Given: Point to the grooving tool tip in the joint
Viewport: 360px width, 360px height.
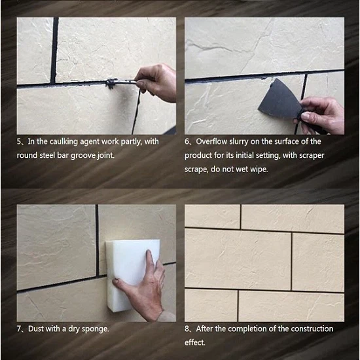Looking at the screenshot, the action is [111, 84].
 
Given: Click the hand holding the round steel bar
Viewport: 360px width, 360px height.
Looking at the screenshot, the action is [156, 82].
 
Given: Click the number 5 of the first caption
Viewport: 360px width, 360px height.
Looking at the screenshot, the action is [19, 141].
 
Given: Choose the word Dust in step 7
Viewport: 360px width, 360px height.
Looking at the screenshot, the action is [35, 329].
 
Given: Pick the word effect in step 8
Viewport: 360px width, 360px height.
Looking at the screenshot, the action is [194, 342].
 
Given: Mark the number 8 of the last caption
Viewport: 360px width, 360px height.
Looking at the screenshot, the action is [187, 329].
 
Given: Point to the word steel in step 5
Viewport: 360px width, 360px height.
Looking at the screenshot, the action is [48, 155].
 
